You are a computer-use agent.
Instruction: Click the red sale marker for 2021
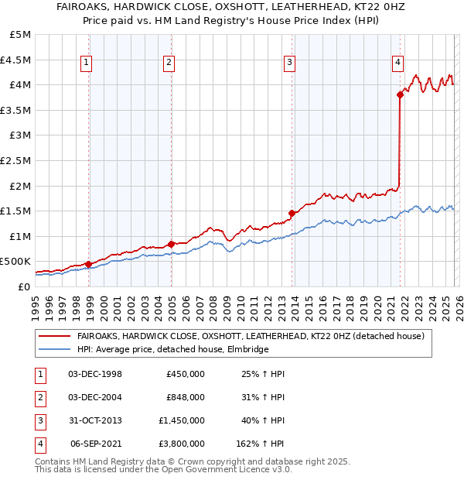[400, 95]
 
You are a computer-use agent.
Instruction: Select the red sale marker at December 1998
[88, 264]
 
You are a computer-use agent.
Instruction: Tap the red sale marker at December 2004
[171, 244]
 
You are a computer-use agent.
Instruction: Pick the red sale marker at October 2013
[292, 214]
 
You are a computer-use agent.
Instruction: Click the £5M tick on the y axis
[21, 35]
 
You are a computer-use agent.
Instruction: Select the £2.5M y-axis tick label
[17, 161]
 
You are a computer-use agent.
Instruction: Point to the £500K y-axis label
[17, 262]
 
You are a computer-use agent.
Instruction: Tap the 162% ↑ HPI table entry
[260, 444]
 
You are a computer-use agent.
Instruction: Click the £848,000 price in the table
[186, 397]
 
